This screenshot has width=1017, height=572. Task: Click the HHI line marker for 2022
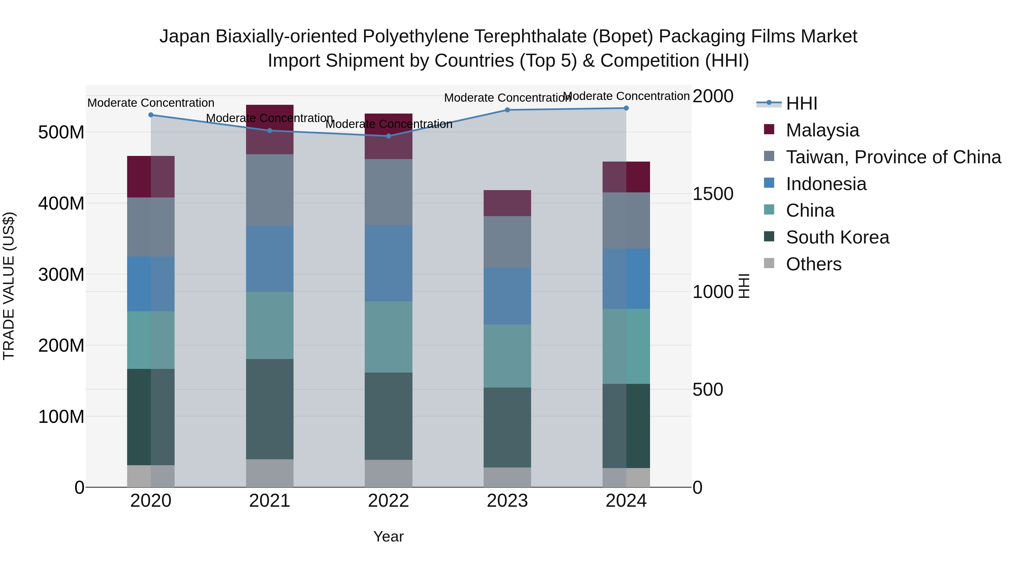pos(388,136)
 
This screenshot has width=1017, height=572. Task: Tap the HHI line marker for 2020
pos(151,115)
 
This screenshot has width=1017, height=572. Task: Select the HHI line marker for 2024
pos(626,108)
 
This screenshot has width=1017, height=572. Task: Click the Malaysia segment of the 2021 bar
pos(270,129)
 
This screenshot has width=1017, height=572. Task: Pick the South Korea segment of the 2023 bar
pos(507,428)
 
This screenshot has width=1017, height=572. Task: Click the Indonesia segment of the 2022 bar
pos(388,263)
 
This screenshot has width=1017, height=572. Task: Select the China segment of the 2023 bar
pos(507,356)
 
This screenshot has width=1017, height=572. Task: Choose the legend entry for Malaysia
pos(822,130)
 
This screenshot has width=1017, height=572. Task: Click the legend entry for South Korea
pos(837,237)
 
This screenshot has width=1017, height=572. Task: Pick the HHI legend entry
pos(801,103)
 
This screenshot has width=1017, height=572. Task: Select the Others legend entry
pos(813,264)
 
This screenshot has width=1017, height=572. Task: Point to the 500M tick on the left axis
pos(61,132)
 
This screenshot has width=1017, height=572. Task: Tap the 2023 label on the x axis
pos(507,501)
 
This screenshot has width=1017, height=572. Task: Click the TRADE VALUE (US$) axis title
pos(9,286)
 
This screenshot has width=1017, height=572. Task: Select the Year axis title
pos(388,536)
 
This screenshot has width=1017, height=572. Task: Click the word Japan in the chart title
pos(184,36)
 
